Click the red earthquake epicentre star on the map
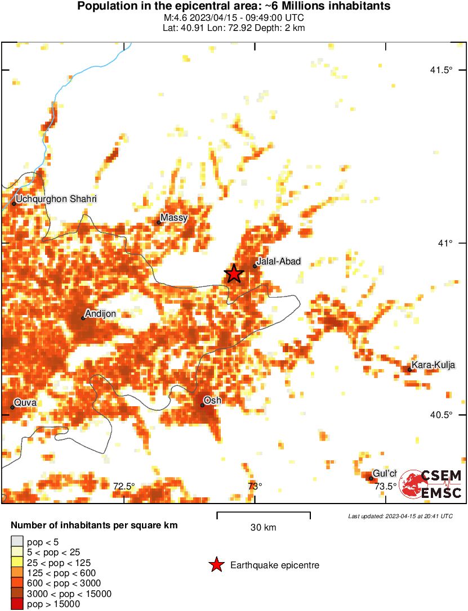[234, 273]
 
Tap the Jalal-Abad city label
[278, 261]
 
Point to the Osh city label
[212, 400]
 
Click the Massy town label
[174, 218]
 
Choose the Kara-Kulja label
[433, 365]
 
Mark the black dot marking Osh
[202, 405]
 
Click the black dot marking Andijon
[83, 318]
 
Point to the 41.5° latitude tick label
[441, 70]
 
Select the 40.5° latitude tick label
[441, 415]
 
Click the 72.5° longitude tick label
[124, 486]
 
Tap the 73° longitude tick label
[255, 486]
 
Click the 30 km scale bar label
[263, 527]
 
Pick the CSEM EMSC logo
[431, 484]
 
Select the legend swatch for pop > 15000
[17, 604]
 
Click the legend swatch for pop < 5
[17, 541]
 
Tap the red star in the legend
[216, 565]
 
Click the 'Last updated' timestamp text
[400, 516]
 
